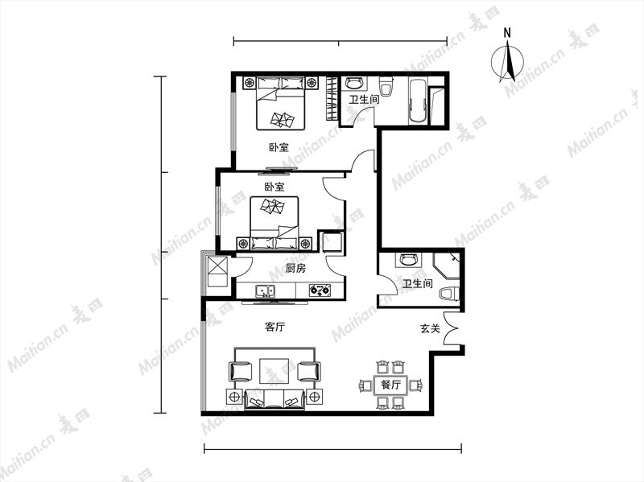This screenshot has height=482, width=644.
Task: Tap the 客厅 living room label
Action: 275,328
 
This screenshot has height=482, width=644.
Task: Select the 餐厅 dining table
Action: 390,385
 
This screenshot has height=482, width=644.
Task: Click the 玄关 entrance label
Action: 430,328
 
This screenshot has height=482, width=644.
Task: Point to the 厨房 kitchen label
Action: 295,269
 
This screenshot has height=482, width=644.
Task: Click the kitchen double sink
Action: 266,291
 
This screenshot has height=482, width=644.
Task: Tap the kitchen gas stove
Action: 320,290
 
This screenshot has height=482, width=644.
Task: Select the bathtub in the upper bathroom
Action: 418,101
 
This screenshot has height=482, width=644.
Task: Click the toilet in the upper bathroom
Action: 386,86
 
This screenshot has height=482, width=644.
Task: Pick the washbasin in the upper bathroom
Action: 354,84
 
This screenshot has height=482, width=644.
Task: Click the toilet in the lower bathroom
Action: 449,294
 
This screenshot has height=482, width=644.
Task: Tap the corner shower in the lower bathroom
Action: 447,266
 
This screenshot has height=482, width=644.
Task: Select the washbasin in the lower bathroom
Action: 409,259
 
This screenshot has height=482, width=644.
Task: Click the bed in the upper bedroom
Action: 281,104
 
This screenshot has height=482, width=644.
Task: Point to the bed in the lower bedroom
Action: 274,223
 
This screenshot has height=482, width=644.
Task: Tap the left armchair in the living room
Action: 240,371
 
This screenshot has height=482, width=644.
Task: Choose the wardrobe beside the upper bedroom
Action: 332,98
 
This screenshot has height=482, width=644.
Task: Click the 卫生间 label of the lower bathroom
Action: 417,283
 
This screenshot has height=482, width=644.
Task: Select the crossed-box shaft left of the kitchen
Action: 217,271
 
